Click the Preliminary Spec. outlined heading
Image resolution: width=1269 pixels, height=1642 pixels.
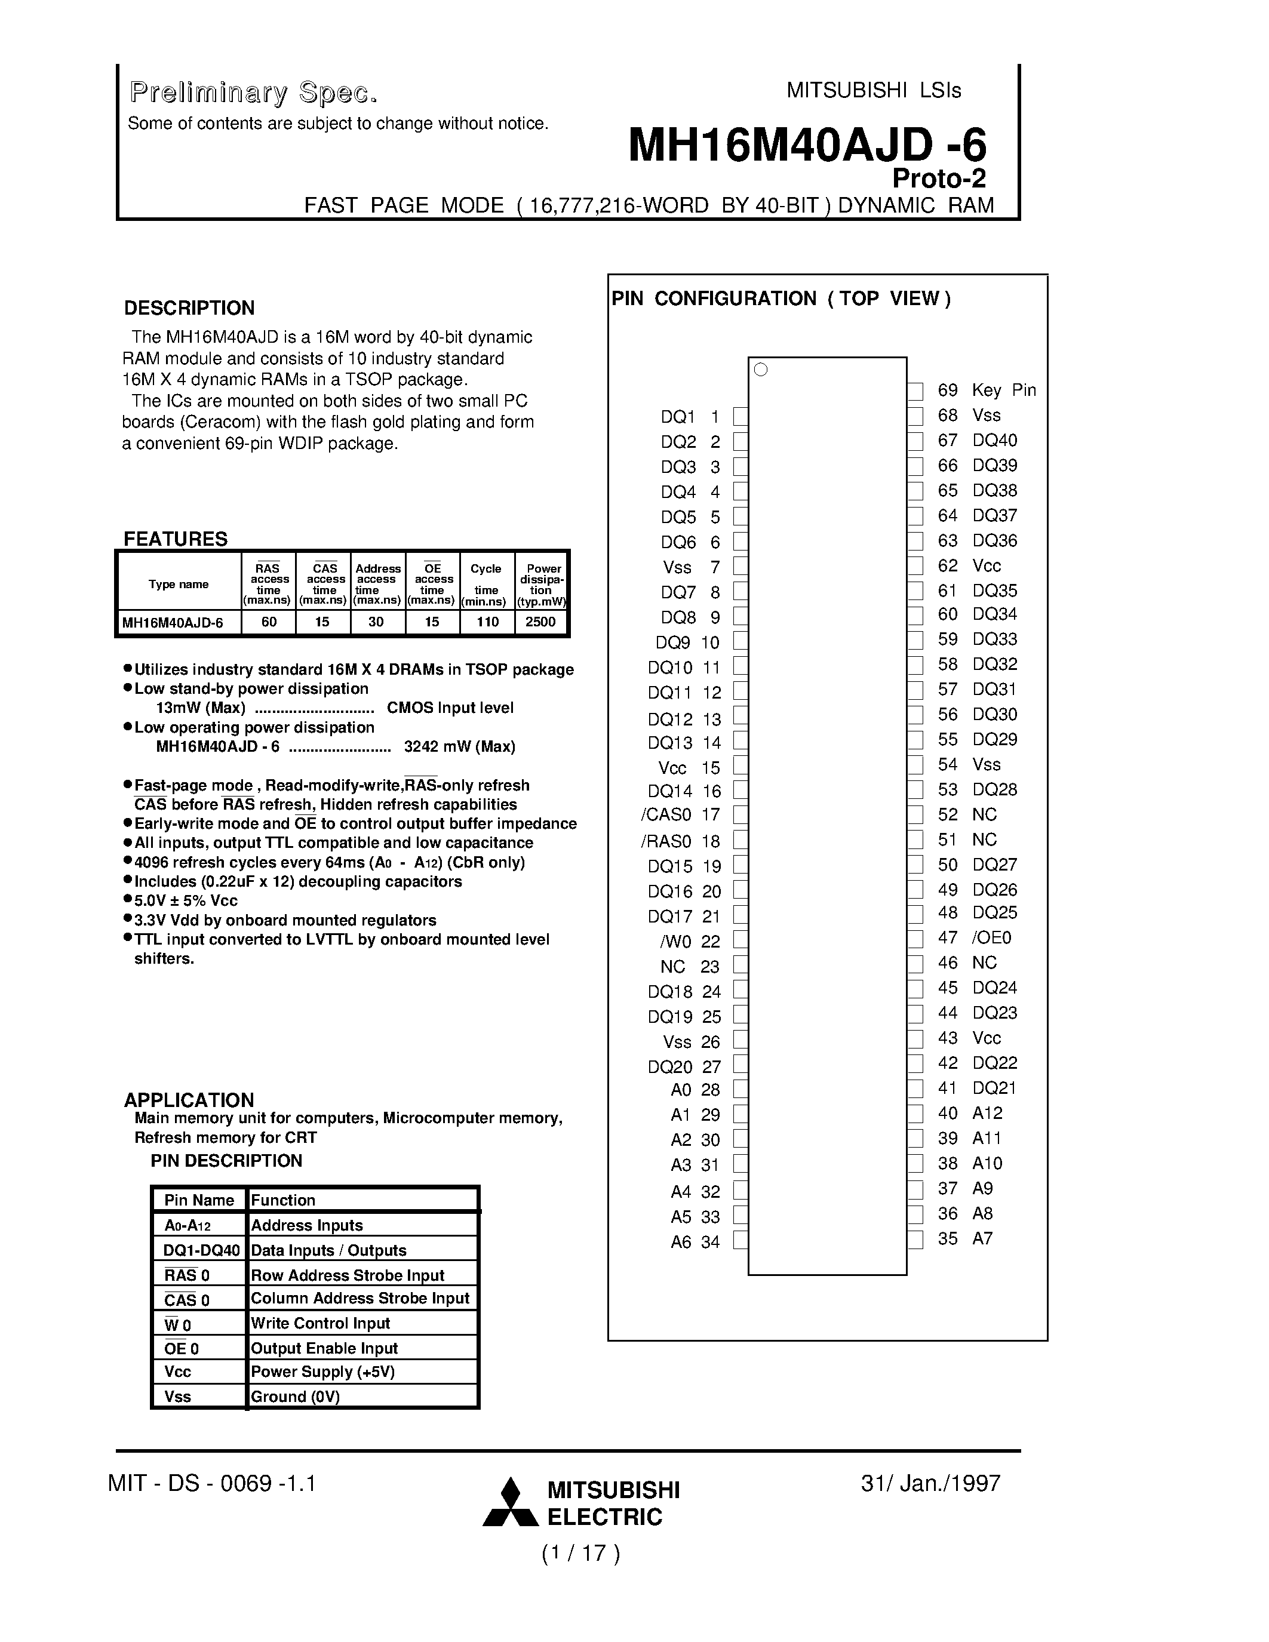click(253, 93)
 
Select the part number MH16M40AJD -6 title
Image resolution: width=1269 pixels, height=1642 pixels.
click(807, 145)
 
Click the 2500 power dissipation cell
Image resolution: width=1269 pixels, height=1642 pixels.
click(540, 622)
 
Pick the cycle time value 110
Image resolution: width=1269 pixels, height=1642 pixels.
click(487, 622)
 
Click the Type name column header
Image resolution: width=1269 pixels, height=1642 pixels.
click(179, 584)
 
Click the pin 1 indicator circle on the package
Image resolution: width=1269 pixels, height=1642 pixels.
click(761, 370)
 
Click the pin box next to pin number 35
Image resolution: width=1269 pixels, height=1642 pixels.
click(915, 1239)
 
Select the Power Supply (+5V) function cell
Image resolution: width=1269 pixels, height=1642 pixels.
click(322, 1372)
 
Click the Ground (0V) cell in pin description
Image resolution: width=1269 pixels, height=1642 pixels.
click(296, 1397)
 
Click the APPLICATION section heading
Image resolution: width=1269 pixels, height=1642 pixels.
click(189, 1100)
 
